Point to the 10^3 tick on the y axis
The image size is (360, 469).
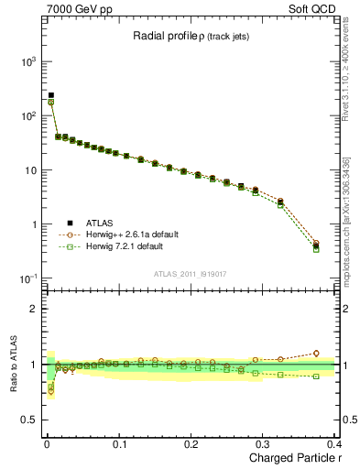point(27,61)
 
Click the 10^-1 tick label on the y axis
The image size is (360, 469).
point(27,278)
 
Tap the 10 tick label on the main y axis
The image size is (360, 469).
point(27,170)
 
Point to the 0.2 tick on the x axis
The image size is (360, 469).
point(191,443)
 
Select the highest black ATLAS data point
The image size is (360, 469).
point(51,95)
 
